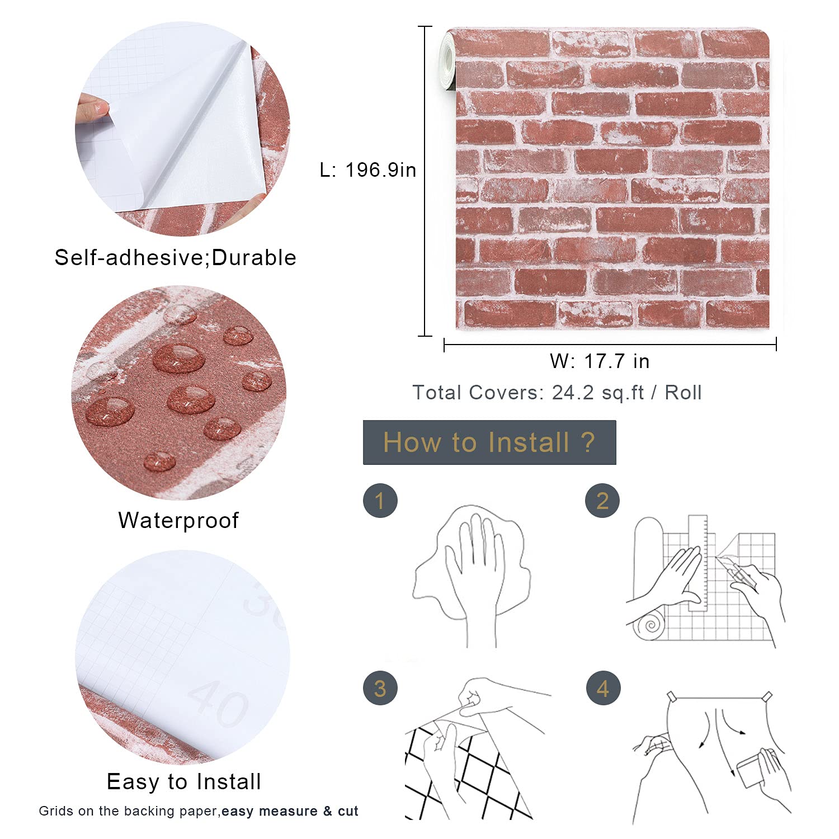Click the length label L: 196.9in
367,170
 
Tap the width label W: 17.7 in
600,361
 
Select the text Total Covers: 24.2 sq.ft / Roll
557,393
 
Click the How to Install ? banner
489,442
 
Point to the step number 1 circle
380,501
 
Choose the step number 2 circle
602,501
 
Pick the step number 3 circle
380,688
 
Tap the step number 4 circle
603,688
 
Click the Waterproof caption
178,521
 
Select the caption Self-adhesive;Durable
175,258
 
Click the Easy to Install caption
184,782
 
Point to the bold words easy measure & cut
290,811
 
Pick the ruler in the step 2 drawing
698,563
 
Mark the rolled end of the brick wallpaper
447,59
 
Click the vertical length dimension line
425,181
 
